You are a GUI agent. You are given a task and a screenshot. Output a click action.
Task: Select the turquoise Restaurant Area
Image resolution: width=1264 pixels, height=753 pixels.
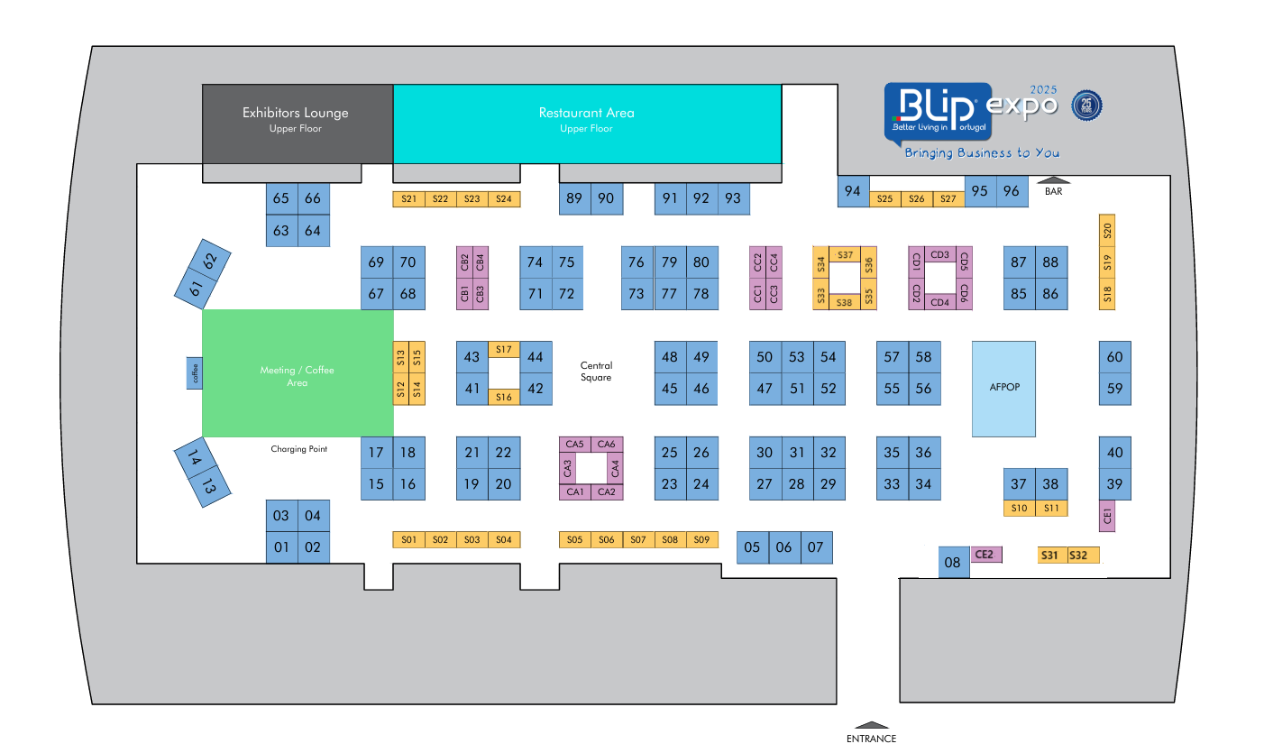(x=587, y=124)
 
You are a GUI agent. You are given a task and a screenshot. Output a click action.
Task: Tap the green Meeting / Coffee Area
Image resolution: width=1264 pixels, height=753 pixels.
(x=298, y=373)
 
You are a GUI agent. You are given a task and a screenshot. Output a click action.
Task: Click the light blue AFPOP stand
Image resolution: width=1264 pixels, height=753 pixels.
(x=1003, y=389)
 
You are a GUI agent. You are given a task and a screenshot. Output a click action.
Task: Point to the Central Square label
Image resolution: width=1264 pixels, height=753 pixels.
(x=596, y=372)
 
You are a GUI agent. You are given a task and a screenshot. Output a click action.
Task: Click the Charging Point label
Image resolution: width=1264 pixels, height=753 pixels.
(x=298, y=449)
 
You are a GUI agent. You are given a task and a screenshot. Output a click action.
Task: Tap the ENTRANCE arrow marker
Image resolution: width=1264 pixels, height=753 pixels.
(x=871, y=725)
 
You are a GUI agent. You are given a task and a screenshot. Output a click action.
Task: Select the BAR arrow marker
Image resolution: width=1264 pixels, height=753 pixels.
(x=1053, y=180)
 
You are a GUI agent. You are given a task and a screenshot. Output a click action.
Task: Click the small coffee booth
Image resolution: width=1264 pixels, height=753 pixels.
(x=194, y=373)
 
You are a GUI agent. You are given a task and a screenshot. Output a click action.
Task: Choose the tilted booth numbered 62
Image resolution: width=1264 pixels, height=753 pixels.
(x=210, y=261)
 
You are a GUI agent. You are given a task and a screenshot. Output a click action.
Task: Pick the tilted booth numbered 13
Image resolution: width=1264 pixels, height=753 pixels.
(x=209, y=485)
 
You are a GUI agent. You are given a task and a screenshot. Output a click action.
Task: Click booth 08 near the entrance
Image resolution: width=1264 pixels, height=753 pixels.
(x=954, y=562)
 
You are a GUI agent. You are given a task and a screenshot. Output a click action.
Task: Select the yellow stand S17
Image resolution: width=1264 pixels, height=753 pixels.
(x=503, y=349)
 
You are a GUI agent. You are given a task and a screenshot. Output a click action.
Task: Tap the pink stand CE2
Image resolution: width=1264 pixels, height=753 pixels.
(x=985, y=555)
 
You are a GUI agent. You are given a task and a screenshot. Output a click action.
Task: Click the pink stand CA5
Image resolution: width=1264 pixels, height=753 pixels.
(x=574, y=445)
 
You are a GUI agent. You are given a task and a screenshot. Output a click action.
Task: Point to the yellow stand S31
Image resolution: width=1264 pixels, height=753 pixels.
(x=1052, y=555)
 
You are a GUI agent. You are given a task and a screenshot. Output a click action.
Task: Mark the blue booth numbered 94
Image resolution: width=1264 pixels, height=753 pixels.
(x=853, y=191)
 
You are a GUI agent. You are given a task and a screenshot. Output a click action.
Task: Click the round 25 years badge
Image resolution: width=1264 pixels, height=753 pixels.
(x=1086, y=106)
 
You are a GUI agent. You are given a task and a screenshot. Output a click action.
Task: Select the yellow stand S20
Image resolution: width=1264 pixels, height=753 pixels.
(x=1106, y=230)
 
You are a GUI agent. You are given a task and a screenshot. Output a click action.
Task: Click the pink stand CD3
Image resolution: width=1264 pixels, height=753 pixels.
(x=939, y=254)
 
